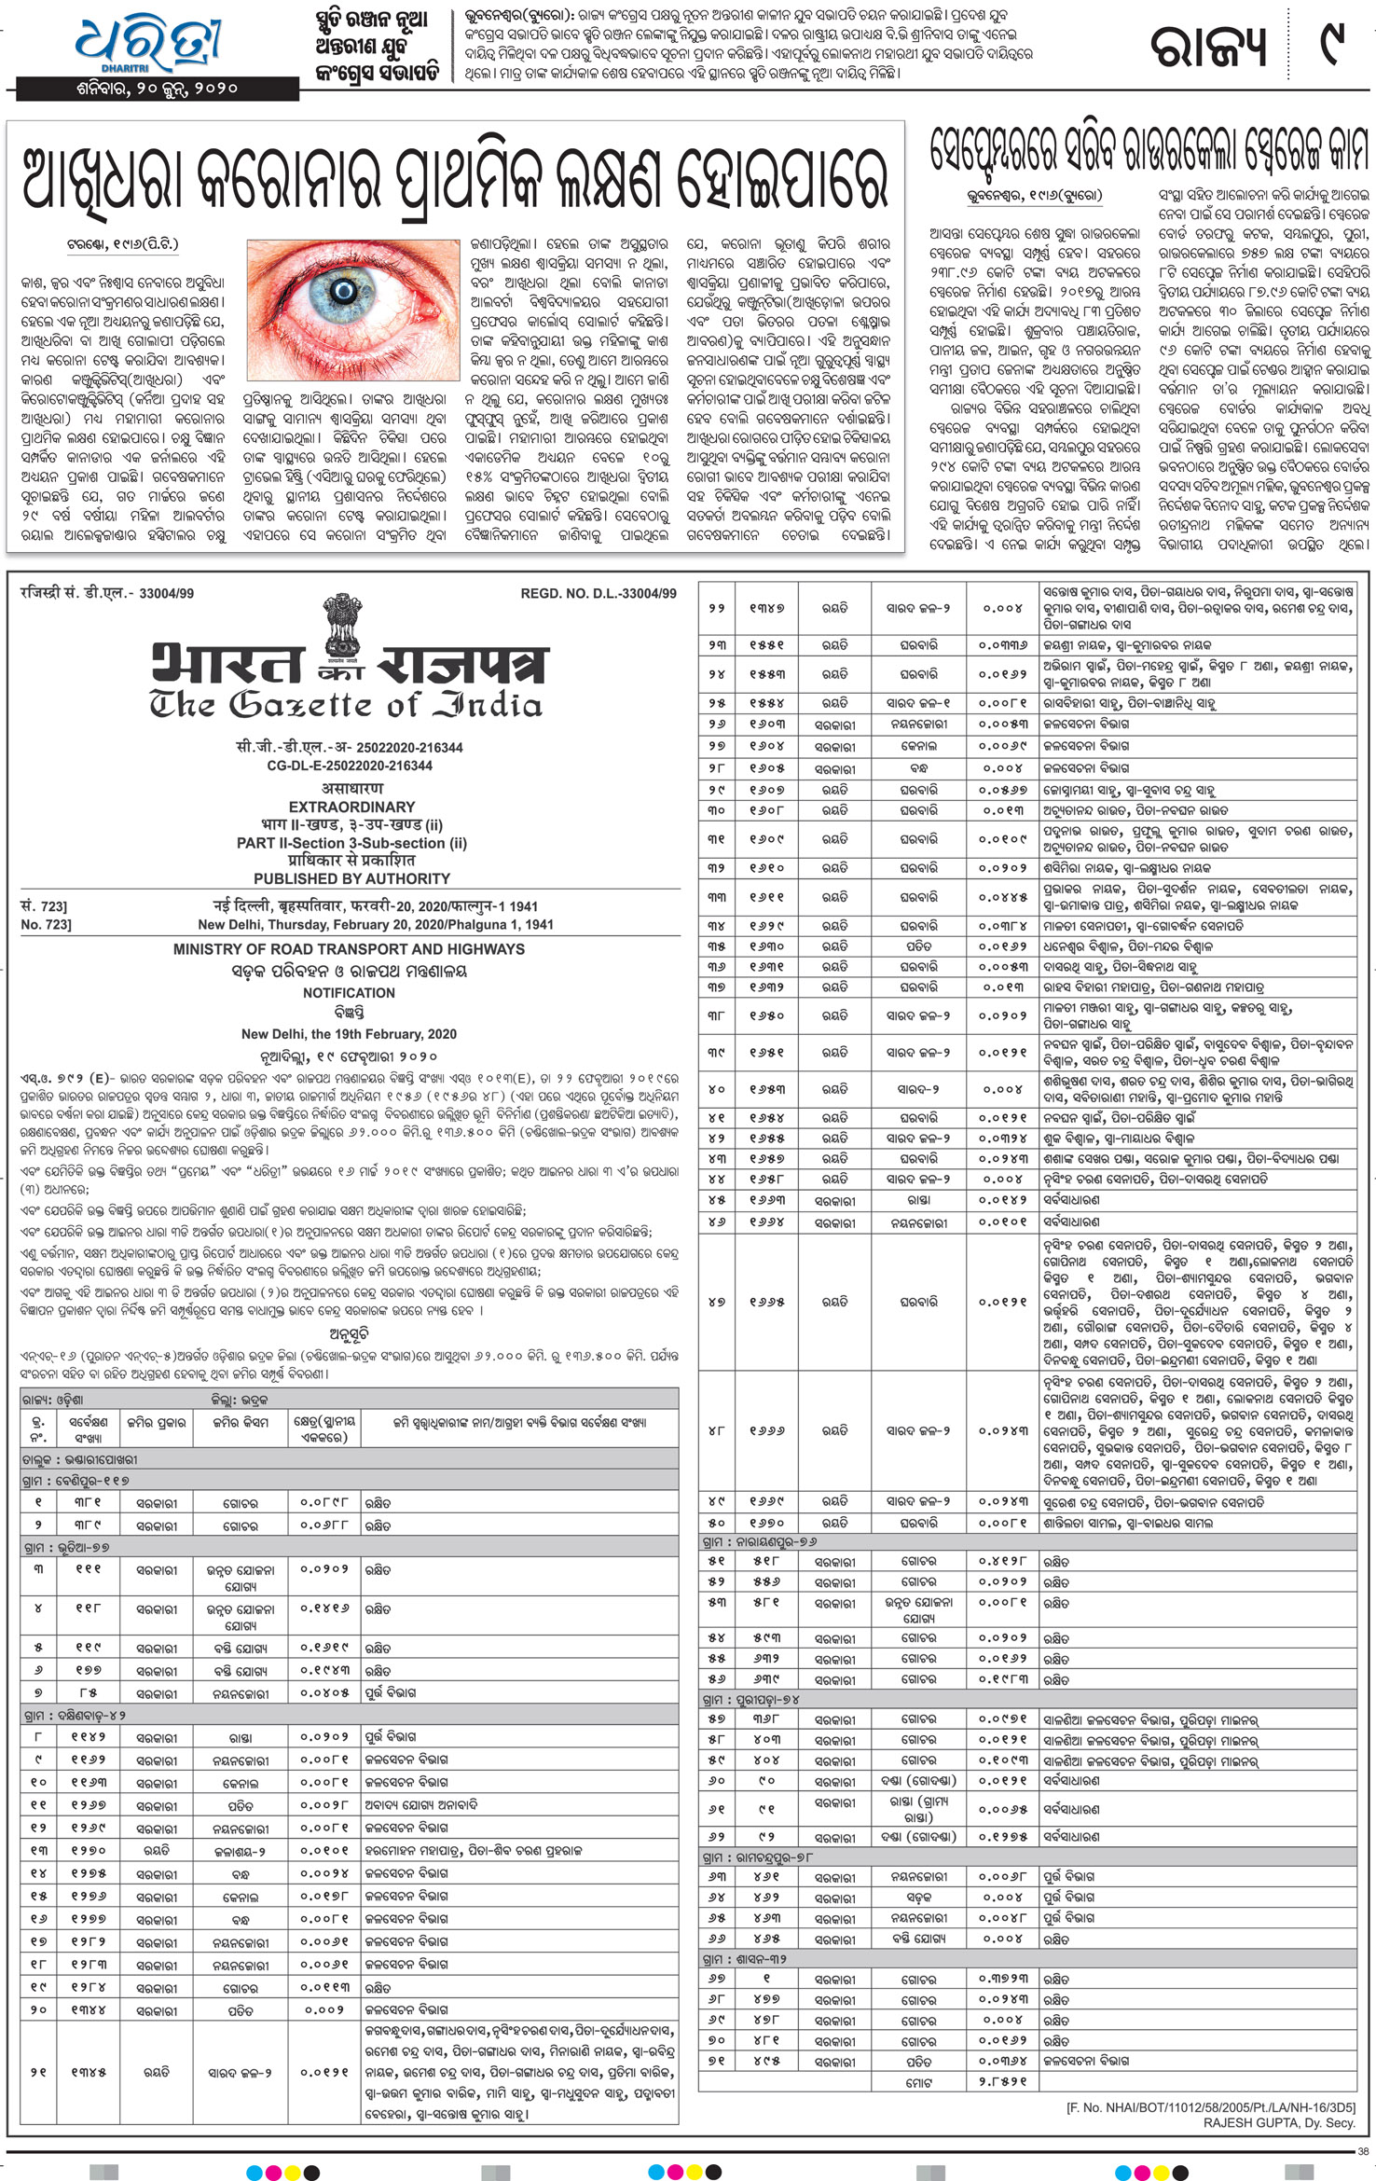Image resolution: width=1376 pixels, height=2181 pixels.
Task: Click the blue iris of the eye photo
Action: pyautogui.click(x=345, y=293)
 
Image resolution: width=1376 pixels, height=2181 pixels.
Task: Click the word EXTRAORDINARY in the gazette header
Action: pyautogui.click(x=351, y=807)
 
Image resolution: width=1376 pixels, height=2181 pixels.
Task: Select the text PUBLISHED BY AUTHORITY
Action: pyautogui.click(x=351, y=878)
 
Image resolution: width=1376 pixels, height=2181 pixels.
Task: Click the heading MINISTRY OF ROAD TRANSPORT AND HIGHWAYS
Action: pyautogui.click(x=349, y=949)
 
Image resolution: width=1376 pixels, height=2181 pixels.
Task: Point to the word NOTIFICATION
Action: pyautogui.click(x=349, y=993)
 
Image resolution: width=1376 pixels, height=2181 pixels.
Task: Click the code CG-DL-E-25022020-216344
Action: pyautogui.click(x=350, y=766)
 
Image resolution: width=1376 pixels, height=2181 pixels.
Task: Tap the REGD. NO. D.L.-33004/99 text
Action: pyautogui.click(x=598, y=593)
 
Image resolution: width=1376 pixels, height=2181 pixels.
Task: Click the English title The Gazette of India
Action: pyautogui.click(x=345, y=705)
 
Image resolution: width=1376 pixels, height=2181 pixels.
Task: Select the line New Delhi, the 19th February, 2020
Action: pyautogui.click(x=349, y=1034)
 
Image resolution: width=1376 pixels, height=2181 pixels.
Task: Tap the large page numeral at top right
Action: pyautogui.click(x=1334, y=47)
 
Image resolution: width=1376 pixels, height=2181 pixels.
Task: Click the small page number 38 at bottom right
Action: pyautogui.click(x=1363, y=2150)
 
